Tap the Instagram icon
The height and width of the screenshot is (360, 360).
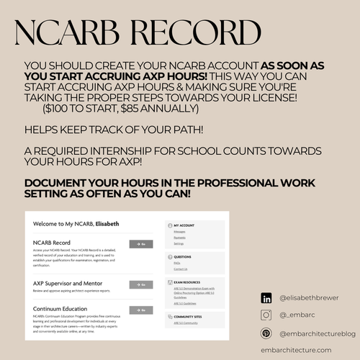[x=266, y=315]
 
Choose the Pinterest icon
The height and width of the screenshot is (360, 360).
[x=266, y=333]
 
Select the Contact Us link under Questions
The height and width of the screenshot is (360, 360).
[x=181, y=269]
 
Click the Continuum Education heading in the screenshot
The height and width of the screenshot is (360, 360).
[x=66, y=309]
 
